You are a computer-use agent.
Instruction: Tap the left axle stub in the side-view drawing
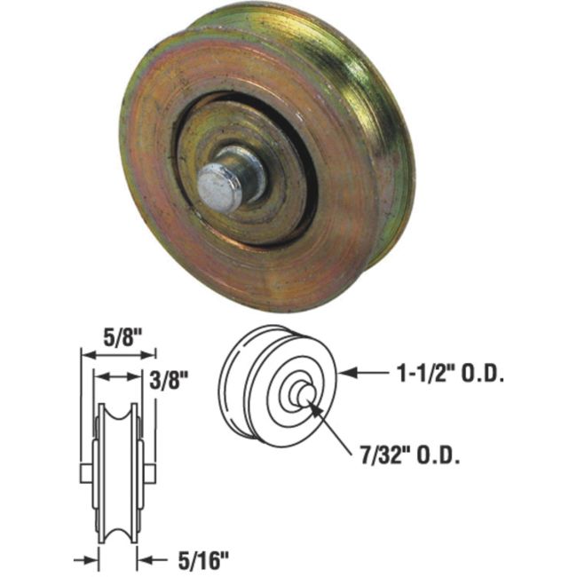tap(85, 470)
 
